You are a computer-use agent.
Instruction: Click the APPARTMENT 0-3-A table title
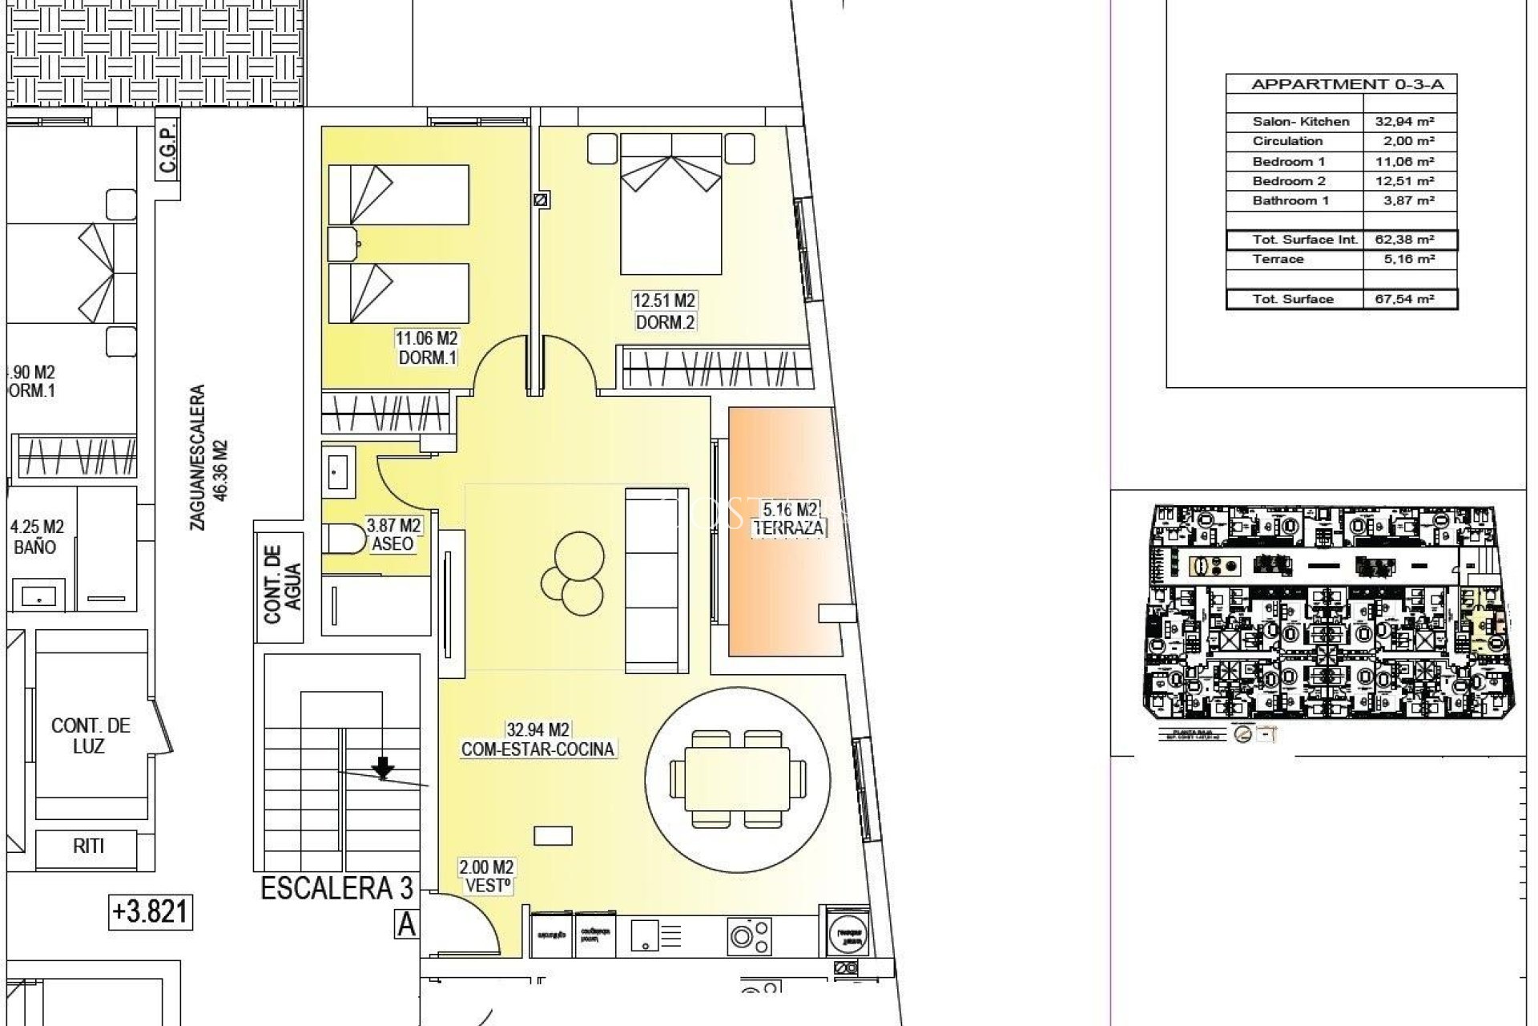click(1341, 84)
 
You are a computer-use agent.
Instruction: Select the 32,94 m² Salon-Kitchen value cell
click(1409, 122)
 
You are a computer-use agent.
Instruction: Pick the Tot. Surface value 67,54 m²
click(1409, 299)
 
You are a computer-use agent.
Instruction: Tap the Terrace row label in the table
click(1278, 259)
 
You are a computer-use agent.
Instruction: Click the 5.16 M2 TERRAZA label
click(788, 519)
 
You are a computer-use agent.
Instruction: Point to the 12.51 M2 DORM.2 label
click(664, 311)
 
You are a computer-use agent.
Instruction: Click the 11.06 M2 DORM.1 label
click(427, 349)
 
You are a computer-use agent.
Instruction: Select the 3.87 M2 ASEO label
click(393, 535)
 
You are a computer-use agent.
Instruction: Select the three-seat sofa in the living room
click(656, 581)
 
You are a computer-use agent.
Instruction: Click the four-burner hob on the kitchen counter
click(749, 935)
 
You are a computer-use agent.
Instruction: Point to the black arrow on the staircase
click(384, 768)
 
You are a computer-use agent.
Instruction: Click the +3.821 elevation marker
click(151, 912)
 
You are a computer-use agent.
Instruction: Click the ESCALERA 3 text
click(337, 889)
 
